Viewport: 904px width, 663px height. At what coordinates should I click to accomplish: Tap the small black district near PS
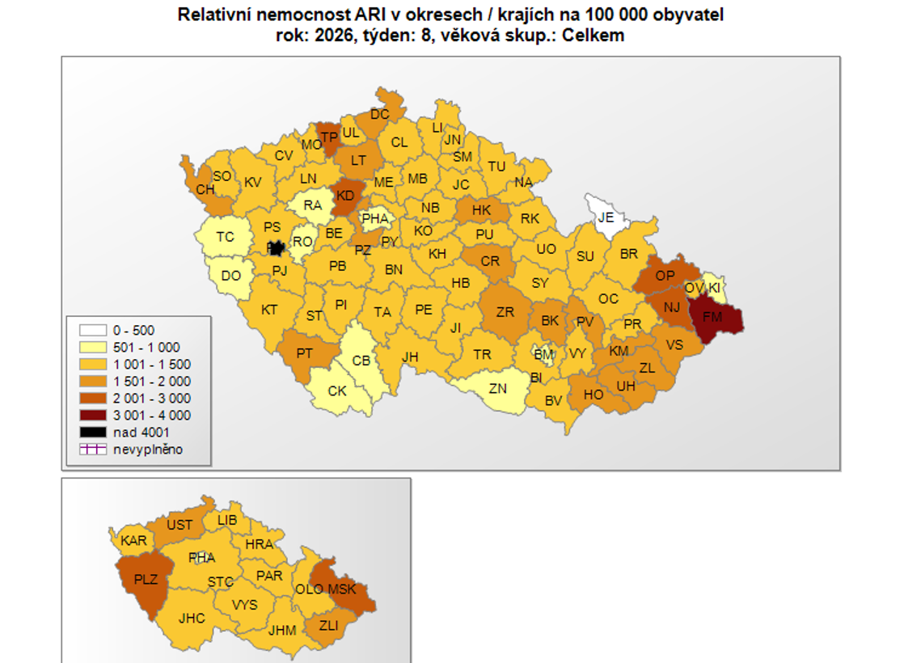(x=276, y=248)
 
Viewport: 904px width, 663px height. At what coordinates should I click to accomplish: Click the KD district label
(x=345, y=196)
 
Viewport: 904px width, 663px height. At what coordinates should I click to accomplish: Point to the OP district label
(x=665, y=276)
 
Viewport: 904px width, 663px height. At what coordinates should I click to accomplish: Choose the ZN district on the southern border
(x=497, y=388)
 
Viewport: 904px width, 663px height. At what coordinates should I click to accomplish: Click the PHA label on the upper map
(x=375, y=218)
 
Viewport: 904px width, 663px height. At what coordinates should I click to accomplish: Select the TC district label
(x=225, y=237)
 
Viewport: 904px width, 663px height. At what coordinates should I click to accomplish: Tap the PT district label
(x=305, y=353)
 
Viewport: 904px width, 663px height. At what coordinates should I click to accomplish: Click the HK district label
(x=481, y=210)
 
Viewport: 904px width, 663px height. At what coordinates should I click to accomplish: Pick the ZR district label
(x=505, y=311)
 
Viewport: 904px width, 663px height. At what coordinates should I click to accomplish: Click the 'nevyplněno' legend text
(x=148, y=450)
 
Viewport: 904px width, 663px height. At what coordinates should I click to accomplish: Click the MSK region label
(x=341, y=589)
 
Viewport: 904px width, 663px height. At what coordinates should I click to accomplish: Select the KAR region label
(x=134, y=540)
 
